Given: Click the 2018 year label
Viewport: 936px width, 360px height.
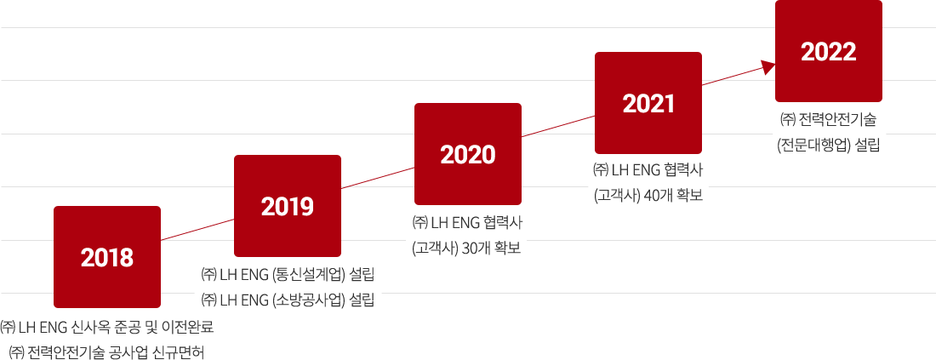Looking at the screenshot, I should click(107, 257).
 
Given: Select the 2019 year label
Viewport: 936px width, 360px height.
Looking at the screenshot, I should click(288, 206).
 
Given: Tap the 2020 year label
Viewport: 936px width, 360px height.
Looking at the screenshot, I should click(468, 155).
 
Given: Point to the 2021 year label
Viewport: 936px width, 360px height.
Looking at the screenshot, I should click(648, 104).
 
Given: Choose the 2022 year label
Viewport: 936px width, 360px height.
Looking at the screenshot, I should click(828, 52).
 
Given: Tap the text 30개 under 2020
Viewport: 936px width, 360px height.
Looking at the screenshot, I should click(467, 249).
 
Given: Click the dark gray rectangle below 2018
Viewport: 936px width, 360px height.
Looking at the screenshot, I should click(106, 340).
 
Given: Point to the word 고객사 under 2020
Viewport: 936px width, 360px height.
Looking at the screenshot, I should click(430, 249).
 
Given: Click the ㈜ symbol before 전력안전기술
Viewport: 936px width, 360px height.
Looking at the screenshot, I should click(787, 118).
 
